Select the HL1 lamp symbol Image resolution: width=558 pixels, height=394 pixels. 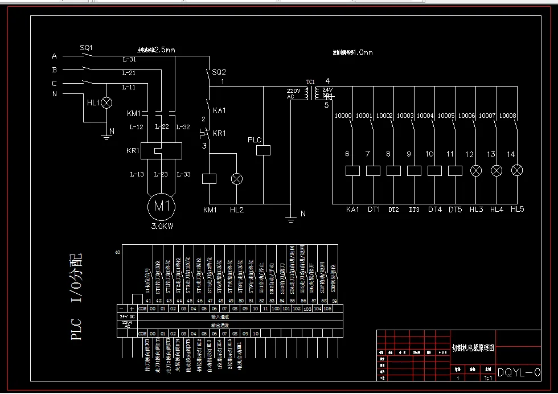click(106, 102)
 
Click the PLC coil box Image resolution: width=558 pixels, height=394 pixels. click(263, 150)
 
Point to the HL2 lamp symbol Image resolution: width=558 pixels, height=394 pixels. click(236, 179)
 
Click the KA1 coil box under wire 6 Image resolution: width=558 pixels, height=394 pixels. click(352, 170)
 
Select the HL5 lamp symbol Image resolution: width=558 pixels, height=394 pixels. click(517, 170)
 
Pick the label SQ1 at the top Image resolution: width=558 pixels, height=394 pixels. click(86, 48)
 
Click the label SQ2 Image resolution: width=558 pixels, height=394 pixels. click(219, 72)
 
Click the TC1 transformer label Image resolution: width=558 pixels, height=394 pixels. click(310, 82)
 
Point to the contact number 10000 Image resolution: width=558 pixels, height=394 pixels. click(343, 116)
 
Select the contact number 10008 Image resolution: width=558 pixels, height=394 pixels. click(507, 116)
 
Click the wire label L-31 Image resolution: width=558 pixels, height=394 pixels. click(129, 60)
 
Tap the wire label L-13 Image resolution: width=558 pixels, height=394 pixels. click(137, 174)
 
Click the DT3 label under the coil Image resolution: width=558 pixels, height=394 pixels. click(414, 210)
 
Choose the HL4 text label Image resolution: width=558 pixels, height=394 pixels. click(497, 210)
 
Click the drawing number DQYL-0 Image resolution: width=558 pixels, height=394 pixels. click(519, 373)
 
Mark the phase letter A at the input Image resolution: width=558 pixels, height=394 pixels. click(55, 56)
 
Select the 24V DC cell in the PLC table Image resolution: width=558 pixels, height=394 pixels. click(127, 316)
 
